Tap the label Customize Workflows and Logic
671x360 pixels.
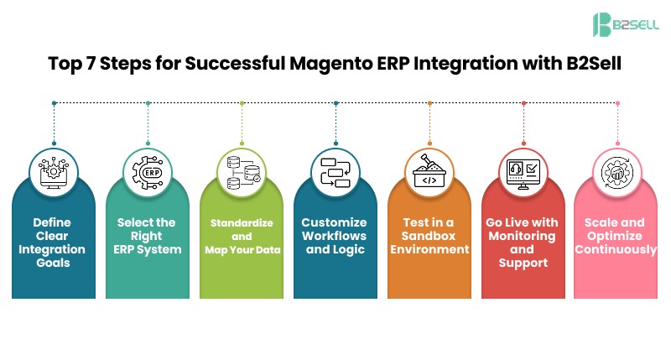(334, 236)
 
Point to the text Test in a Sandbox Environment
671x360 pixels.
(429, 236)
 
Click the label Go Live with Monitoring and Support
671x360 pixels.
(522, 243)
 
